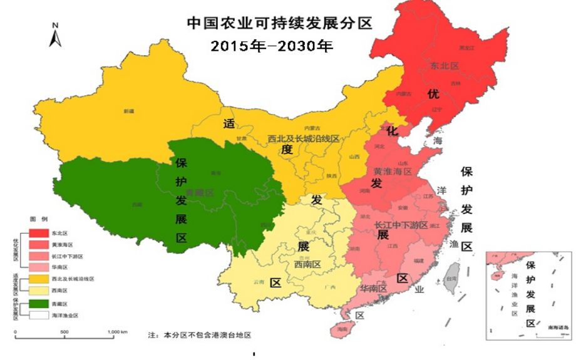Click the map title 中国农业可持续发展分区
click(x=279, y=23)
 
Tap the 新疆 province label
click(x=129, y=111)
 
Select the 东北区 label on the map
click(x=444, y=65)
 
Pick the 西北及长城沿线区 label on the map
click(x=304, y=138)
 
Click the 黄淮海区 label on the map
click(x=393, y=171)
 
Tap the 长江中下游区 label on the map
click(x=401, y=224)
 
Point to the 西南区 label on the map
click(x=307, y=265)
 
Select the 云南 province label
click(x=259, y=282)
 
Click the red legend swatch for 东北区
click(x=39, y=234)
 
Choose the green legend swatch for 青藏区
click(x=39, y=304)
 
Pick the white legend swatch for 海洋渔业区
click(x=39, y=315)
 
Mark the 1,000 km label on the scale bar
click(x=117, y=332)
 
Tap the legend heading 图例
click(x=39, y=219)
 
